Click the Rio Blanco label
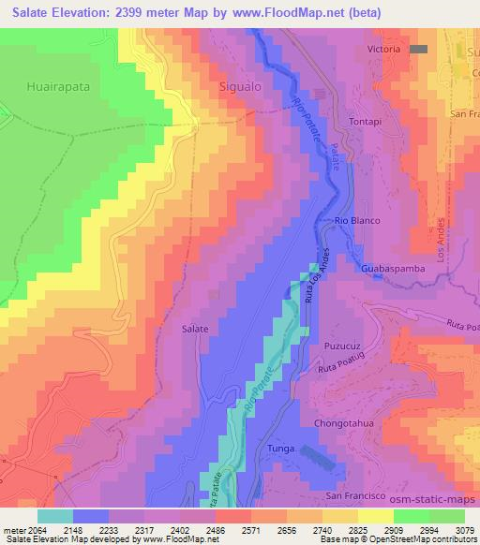coord(356,221)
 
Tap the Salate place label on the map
coord(195,329)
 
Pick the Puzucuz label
coord(342,345)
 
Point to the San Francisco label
coord(355,495)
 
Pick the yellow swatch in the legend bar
coord(376,516)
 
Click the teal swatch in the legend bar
coord(55,516)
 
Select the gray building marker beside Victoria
coord(418,49)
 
